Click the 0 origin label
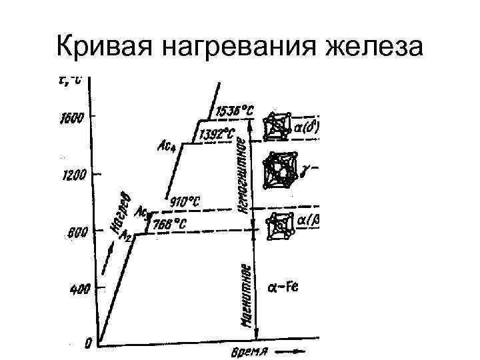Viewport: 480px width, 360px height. click(88, 344)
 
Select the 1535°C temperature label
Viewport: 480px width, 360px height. click(235, 111)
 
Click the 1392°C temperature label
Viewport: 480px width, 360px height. click(219, 134)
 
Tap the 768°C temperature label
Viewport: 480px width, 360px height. click(170, 224)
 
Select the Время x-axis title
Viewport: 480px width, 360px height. click(250, 351)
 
